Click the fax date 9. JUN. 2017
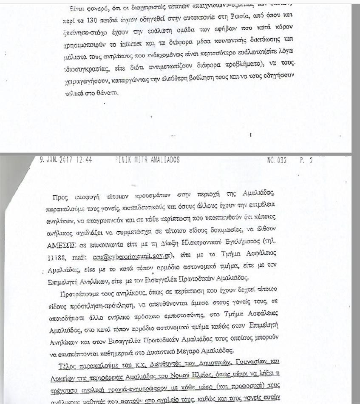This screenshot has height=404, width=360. (57, 160)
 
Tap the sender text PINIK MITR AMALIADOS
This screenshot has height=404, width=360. (147, 160)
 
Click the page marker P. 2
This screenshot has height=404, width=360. (306, 161)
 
